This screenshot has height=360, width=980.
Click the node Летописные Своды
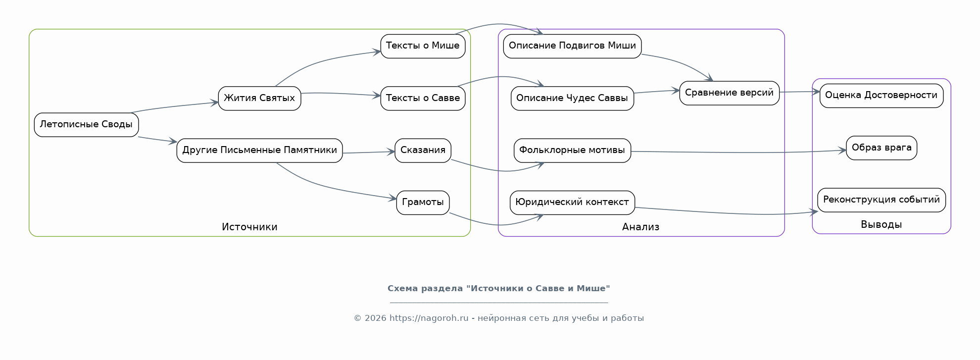pos(86,124)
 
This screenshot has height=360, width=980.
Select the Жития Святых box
pos(259,98)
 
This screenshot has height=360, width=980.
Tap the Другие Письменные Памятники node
pos(259,150)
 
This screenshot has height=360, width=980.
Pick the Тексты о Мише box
pos(423,46)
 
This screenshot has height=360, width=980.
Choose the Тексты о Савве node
pos(423,98)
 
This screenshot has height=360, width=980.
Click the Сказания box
pos(423,150)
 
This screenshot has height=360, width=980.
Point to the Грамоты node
pos(423,203)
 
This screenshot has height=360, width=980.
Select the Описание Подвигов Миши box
pos(572,46)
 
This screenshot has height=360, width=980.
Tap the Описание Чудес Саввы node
pos(572,98)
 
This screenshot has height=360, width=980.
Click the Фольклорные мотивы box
pos(572,150)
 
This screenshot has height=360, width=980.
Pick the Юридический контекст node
pos(572,203)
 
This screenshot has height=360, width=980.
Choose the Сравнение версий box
pos(729,93)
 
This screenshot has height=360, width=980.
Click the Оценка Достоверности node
pos(882,96)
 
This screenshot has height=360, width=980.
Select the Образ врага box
pos(882,148)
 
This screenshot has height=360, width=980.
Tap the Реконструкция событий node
pos(882,200)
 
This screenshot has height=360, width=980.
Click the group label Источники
pos(249,227)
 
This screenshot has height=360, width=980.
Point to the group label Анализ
pos(640,227)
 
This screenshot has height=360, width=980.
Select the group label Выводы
pos(881,224)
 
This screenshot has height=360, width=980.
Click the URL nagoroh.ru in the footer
pos(429,318)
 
